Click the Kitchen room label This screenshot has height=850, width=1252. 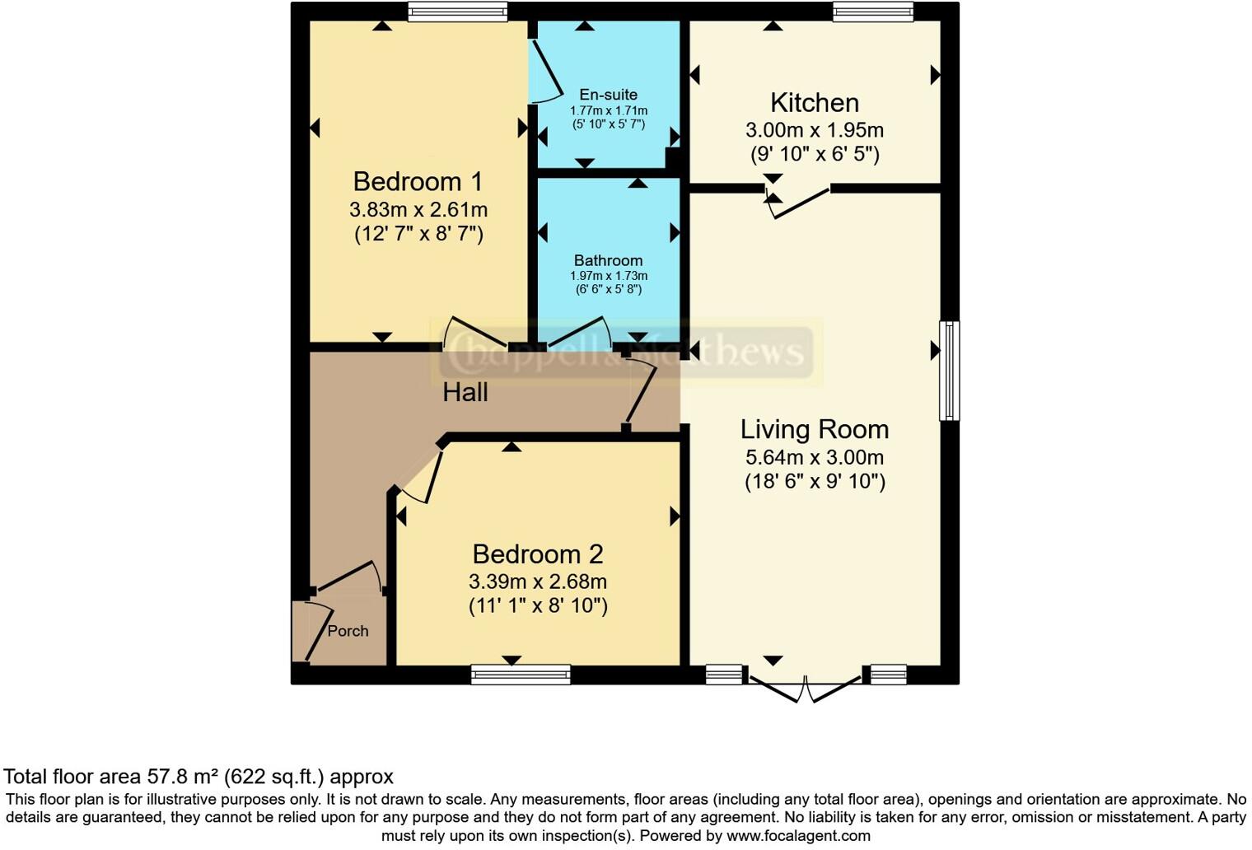click(x=814, y=103)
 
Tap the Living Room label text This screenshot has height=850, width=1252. click(x=814, y=429)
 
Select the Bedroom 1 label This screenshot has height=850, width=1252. click(x=418, y=181)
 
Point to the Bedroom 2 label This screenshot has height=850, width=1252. click(x=537, y=553)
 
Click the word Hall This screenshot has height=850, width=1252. click(x=465, y=393)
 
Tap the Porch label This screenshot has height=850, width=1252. click(x=348, y=631)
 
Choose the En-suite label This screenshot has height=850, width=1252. click(x=608, y=95)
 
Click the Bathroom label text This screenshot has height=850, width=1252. click(x=608, y=260)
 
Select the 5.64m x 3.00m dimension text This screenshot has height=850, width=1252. click(x=814, y=457)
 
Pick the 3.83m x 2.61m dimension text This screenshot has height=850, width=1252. click(x=418, y=209)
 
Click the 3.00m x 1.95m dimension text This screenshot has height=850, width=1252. click(x=814, y=130)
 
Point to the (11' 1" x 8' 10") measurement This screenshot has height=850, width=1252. click(x=537, y=606)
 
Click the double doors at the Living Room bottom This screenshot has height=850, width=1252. click(x=805, y=689)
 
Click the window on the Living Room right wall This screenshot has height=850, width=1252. click(x=949, y=371)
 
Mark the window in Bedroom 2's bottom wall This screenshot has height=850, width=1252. click(x=521, y=675)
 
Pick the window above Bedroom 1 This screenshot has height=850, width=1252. click(x=457, y=12)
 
